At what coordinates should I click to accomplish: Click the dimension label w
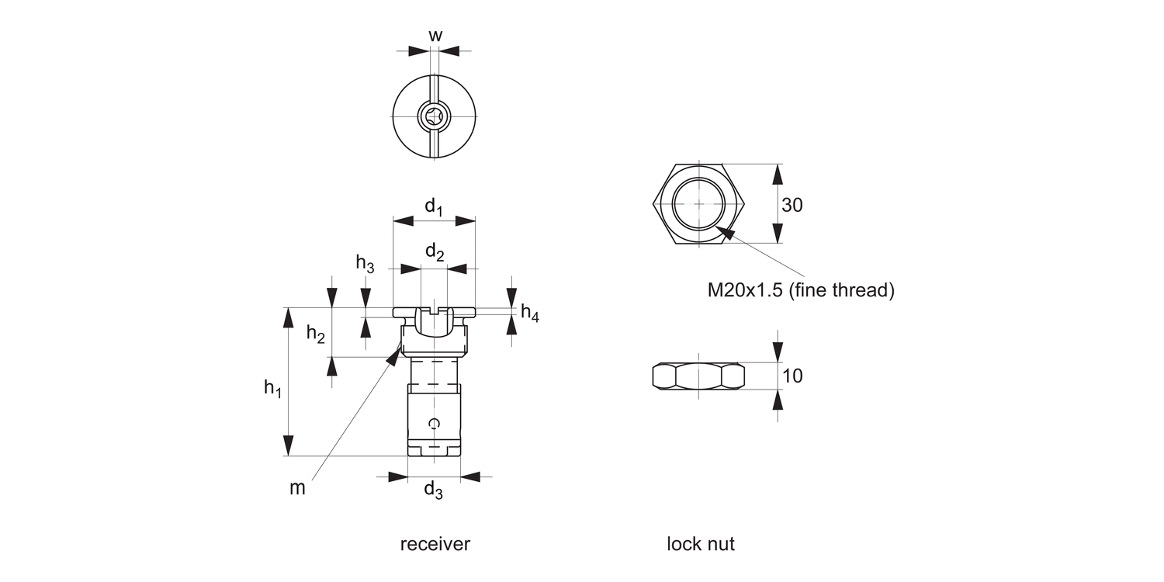(435, 35)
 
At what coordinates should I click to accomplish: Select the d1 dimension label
(433, 207)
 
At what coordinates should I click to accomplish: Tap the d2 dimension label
(435, 252)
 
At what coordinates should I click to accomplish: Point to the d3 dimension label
(433, 490)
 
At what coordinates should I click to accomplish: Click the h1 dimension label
(272, 388)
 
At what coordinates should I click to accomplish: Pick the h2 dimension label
(315, 334)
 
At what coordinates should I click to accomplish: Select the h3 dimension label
(365, 264)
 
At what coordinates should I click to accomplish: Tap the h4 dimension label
(530, 313)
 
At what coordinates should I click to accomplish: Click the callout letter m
(297, 488)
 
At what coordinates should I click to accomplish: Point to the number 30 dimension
(792, 205)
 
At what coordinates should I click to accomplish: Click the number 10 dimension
(792, 376)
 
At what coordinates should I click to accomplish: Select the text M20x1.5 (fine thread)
(800, 290)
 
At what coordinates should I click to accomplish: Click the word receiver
(435, 544)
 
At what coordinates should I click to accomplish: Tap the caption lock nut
(700, 544)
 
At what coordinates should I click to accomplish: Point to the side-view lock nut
(698, 376)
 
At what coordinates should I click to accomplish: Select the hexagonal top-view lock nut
(698, 204)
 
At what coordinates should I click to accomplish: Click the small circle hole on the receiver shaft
(435, 423)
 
